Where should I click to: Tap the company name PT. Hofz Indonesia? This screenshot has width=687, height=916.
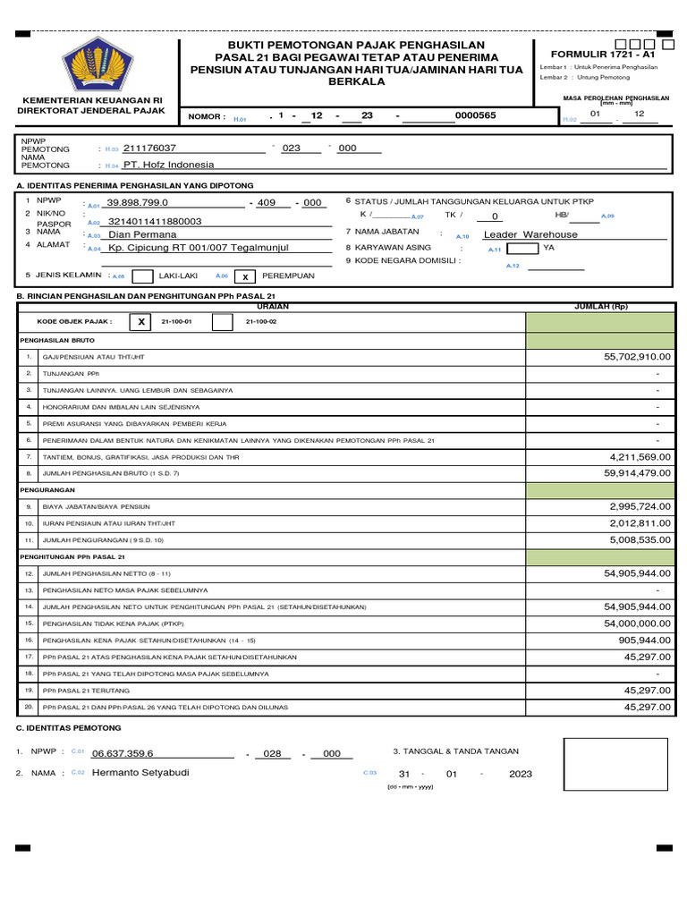(169, 165)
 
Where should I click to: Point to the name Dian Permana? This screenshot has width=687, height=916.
(142, 234)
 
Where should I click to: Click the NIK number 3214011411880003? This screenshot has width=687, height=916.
(155, 221)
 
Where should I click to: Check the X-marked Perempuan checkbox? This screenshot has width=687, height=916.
(245, 277)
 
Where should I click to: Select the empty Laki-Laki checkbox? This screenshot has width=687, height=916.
(142, 277)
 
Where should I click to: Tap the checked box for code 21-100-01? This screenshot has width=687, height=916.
(140, 322)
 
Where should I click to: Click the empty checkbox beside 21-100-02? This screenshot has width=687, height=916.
(223, 322)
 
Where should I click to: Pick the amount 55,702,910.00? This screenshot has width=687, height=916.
(638, 357)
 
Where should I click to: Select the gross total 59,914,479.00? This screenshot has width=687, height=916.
(638, 473)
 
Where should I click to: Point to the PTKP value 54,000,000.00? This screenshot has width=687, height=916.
(638, 623)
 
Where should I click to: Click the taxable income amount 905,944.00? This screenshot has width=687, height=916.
(644, 640)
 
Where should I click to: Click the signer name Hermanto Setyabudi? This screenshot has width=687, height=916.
(140, 772)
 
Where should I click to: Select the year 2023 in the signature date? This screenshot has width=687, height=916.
(520, 775)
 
